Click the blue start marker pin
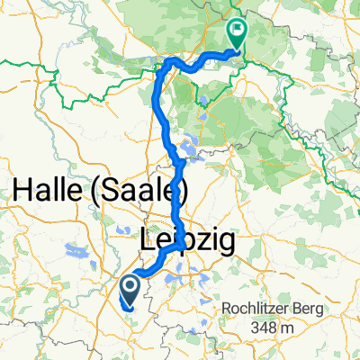(x=128, y=291)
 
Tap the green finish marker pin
(x=238, y=34)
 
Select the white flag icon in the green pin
(x=238, y=30)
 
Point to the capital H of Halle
(x=23, y=192)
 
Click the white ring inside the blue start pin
(x=128, y=286)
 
